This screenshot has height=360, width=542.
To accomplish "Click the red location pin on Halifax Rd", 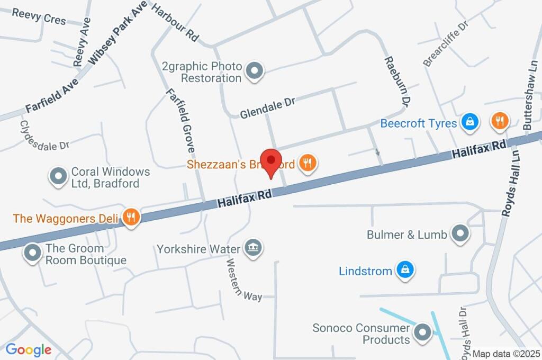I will pyautogui.click(x=272, y=160).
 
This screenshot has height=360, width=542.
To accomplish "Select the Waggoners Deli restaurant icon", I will pyautogui.click(x=130, y=216).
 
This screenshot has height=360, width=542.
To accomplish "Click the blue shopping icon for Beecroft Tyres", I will pyautogui.click(x=469, y=122).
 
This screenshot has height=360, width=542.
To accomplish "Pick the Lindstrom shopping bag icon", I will pyautogui.click(x=405, y=270).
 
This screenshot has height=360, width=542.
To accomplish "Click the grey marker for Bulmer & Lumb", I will pyautogui.click(x=459, y=233).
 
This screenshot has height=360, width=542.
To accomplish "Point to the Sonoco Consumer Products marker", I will pyautogui.click(x=422, y=332).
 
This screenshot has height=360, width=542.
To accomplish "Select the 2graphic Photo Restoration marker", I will pyautogui.click(x=255, y=71).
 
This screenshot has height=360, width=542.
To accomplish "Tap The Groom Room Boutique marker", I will pyautogui.click(x=33, y=253).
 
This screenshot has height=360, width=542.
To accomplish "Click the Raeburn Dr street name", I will pyautogui.click(x=398, y=80).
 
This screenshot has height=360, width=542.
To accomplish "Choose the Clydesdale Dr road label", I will pyautogui.click(x=44, y=136).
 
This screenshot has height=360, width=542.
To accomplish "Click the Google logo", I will pyautogui.click(x=29, y=350).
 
